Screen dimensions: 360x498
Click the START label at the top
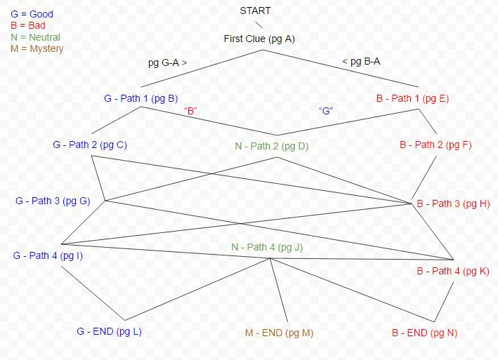pos(255,11)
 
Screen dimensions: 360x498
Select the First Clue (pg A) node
pos(259,39)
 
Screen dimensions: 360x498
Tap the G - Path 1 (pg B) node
pos(145,99)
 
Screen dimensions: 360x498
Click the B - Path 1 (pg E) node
pos(412,98)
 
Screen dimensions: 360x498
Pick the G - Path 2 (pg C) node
pos(90,145)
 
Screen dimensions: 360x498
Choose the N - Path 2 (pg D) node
pos(272,147)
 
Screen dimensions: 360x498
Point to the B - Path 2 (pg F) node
pos(435,145)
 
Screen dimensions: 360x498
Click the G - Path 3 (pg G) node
pos(53,201)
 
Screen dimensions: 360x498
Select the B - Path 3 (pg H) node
pos(453,204)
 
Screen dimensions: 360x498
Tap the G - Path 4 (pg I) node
pos(48,255)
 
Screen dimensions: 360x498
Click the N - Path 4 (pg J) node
pos(268,247)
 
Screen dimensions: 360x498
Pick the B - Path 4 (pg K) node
pos(453,271)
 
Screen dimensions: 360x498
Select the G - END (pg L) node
pos(109,331)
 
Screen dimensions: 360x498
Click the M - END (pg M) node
pos(279,333)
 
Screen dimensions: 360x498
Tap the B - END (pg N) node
pos(424,333)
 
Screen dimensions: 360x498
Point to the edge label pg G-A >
pos(167,62)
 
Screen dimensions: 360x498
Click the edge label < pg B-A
pos(362,62)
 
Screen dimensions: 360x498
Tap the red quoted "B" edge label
pos(190,111)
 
